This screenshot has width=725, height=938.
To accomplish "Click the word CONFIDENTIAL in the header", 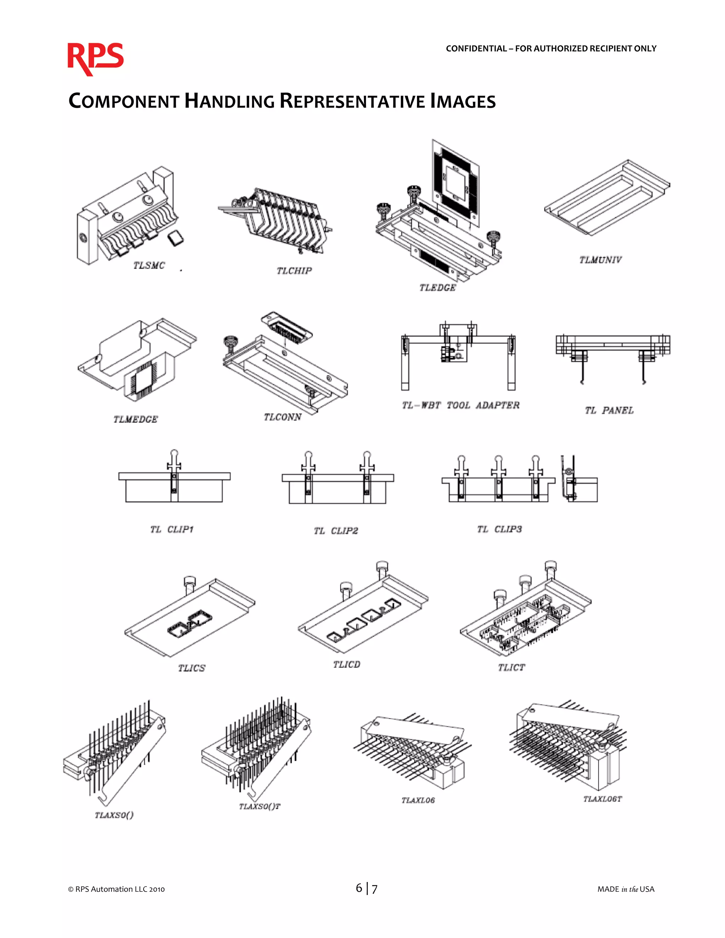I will (476, 48).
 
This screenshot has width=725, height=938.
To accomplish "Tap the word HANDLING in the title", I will (229, 101).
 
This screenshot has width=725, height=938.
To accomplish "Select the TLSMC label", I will (149, 265).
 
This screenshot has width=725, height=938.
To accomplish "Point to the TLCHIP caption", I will (294, 270).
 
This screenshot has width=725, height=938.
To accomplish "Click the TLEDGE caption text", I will (437, 288).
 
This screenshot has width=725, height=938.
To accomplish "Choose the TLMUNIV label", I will (600, 260).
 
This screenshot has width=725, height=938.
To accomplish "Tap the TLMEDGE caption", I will (135, 419).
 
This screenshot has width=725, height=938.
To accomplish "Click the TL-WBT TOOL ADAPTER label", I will (461, 405).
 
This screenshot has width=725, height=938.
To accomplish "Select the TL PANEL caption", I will (609, 411).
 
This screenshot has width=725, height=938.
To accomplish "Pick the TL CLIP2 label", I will (336, 531).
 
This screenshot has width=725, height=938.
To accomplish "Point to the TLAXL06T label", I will (602, 799).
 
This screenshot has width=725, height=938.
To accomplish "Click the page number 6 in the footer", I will (359, 888).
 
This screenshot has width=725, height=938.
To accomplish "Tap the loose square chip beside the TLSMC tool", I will (175, 238).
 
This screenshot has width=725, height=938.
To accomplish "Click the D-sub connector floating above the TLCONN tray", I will (287, 330).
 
